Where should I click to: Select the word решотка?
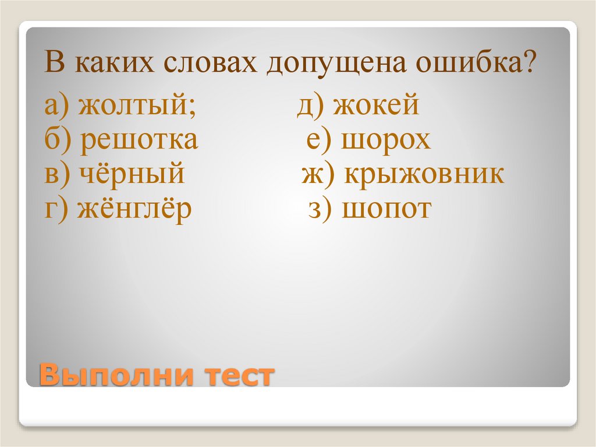pyautogui.click(x=139, y=141)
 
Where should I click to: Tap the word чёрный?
pyautogui.click(x=130, y=174)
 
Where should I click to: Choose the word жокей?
pyautogui.click(x=377, y=107)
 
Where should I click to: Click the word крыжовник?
pyautogui.click(x=424, y=174)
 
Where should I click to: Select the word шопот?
pyautogui.click(x=386, y=208)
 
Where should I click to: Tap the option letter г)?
pyautogui.click(x=56, y=209)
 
